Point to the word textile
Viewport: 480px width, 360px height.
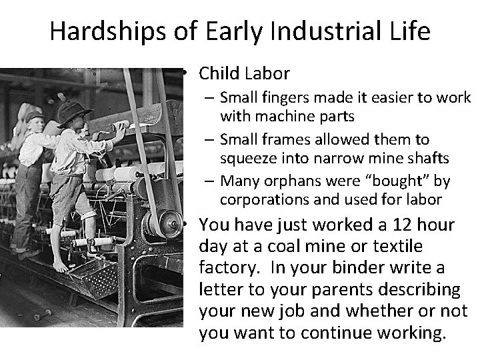coord(398,247)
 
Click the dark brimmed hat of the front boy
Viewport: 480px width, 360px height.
coord(73,112)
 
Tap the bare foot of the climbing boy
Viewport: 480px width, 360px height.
coord(61,266)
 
